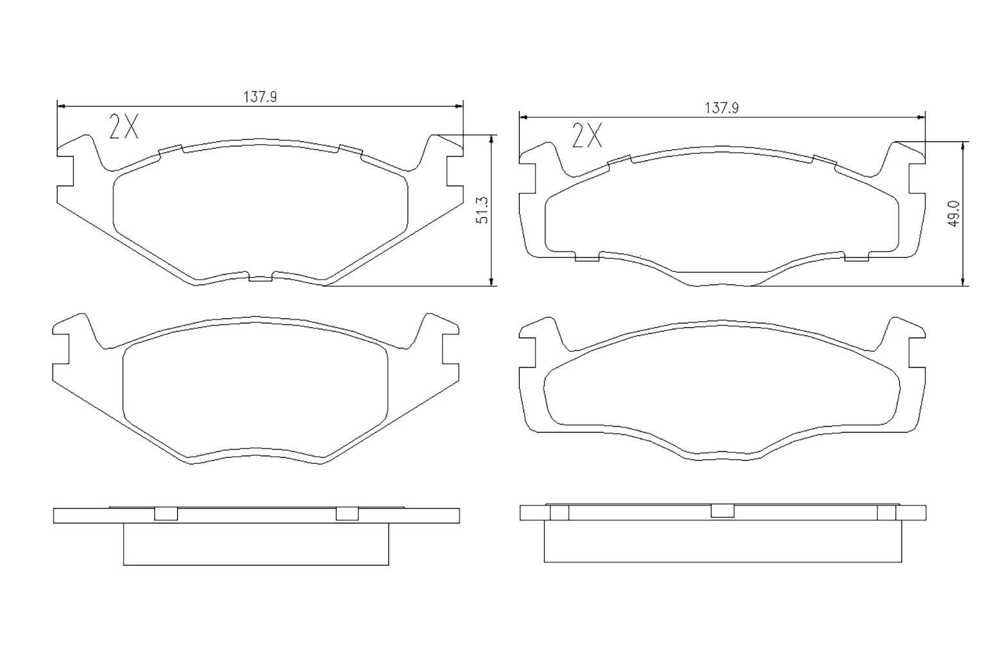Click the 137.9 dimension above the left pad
(x=259, y=97)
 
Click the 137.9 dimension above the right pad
(x=722, y=108)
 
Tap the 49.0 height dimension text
(x=954, y=214)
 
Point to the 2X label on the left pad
(x=124, y=128)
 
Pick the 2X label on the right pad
(x=586, y=135)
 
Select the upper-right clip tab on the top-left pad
(x=350, y=150)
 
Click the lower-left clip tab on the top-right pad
(x=587, y=257)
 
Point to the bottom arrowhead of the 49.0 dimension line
(x=963, y=282)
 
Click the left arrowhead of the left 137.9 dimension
(x=62, y=106)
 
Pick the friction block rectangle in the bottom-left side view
(x=255, y=544)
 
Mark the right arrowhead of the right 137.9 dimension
(x=921, y=117)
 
